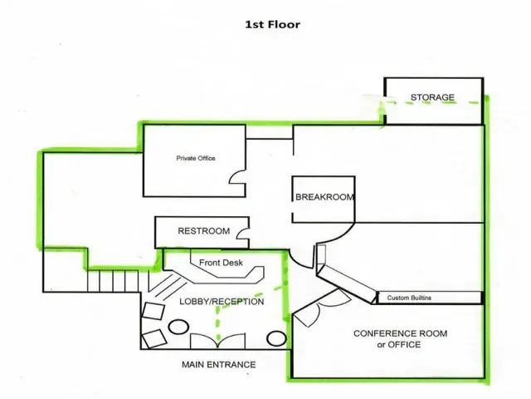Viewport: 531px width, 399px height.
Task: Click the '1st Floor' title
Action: pyautogui.click(x=273, y=24)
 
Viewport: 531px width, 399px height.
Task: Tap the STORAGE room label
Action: pyautogui.click(x=432, y=97)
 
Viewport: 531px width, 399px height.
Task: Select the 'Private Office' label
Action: pyautogui.click(x=196, y=158)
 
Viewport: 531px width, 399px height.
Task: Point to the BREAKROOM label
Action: pyautogui.click(x=324, y=197)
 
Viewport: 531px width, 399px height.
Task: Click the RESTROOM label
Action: pyautogui.click(x=204, y=231)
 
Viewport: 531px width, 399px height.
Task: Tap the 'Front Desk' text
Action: pyautogui.click(x=221, y=263)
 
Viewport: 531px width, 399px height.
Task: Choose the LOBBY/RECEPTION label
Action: pyautogui.click(x=222, y=302)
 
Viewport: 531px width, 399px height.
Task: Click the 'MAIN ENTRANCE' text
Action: pyautogui.click(x=219, y=365)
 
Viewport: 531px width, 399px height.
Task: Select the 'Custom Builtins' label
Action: pyautogui.click(x=409, y=298)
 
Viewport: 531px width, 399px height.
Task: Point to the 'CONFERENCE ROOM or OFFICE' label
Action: pyautogui.click(x=400, y=339)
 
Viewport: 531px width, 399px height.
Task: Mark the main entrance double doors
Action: pyautogui.click(x=217, y=341)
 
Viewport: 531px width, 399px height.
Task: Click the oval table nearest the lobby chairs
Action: pyautogui.click(x=178, y=328)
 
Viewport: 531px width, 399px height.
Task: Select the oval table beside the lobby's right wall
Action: pyautogui.click(x=276, y=338)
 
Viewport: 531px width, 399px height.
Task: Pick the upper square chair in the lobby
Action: pyautogui.click(x=153, y=310)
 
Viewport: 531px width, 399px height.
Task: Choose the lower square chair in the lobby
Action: pyautogui.click(x=154, y=338)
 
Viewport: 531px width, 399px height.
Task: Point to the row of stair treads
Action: pyautogui.click(x=113, y=281)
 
